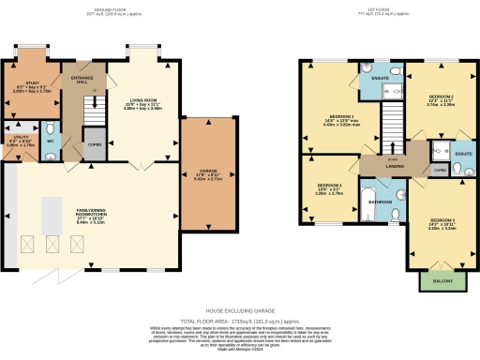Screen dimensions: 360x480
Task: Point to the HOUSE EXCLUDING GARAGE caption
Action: (239, 307)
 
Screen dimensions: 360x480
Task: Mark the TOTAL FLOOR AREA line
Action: (240, 320)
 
